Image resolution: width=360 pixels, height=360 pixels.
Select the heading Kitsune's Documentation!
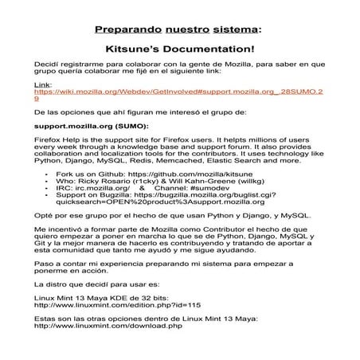tap(180, 49)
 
